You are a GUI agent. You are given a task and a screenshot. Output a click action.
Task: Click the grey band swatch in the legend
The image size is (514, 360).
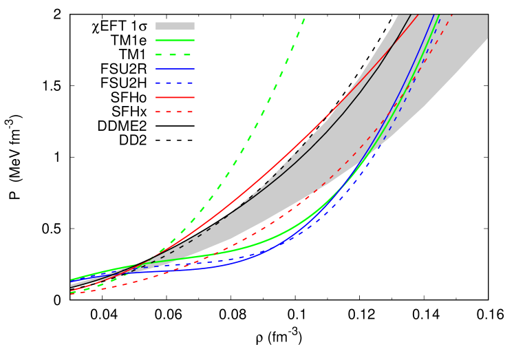(x=175, y=26)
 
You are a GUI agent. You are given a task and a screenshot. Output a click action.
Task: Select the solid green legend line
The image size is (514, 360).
(x=175, y=41)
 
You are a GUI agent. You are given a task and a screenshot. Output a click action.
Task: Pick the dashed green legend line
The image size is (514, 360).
(x=175, y=54)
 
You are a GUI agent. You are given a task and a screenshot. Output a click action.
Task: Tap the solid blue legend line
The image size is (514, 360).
(x=175, y=69)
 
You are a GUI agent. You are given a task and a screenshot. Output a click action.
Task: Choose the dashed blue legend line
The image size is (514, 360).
(x=175, y=83)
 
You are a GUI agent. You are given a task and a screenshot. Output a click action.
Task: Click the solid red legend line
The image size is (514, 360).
(x=175, y=97)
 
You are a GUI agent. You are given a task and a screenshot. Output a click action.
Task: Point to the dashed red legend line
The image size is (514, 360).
(x=175, y=112)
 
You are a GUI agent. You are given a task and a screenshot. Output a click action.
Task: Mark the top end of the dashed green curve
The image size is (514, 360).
(x=304, y=19)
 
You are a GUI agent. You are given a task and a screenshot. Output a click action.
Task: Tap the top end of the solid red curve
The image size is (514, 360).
(x=418, y=14)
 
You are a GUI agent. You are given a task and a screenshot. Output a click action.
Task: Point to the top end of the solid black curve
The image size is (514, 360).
(x=411, y=14)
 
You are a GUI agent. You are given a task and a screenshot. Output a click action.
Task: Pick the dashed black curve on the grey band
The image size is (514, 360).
(x=275, y=173)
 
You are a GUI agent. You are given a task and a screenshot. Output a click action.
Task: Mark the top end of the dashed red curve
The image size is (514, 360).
(x=453, y=14)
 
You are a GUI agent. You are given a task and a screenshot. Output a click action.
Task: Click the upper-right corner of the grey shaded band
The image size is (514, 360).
(x=487, y=15)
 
